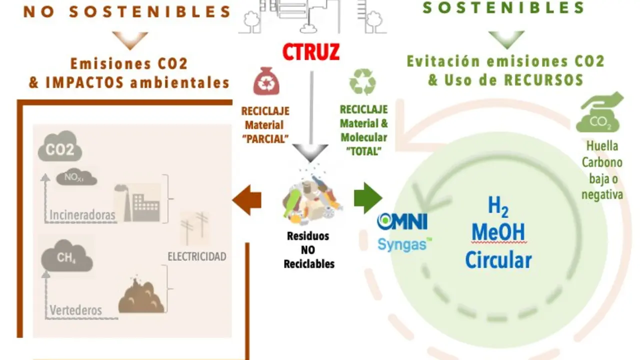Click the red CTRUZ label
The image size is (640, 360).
pyautogui.click(x=311, y=51)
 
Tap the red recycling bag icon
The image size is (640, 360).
pyautogui.click(x=266, y=81)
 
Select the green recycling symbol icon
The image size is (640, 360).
pyautogui.click(x=362, y=81)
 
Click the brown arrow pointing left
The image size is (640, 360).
pyautogui.click(x=246, y=200)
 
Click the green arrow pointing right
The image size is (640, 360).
pyautogui.click(x=368, y=198)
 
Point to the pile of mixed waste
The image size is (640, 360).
pyautogui.click(x=312, y=201)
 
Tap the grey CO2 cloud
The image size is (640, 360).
pyautogui.click(x=60, y=146)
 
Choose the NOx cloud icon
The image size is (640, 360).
pyautogui.click(x=76, y=177)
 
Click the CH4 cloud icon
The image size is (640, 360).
pyautogui.click(x=67, y=256)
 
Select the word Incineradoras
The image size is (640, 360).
pyautogui.click(x=82, y=215)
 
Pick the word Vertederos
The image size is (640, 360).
pyautogui.click(x=75, y=310)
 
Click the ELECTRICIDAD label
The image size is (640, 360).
pyautogui.click(x=197, y=256)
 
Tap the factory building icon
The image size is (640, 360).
pyautogui.click(x=137, y=203)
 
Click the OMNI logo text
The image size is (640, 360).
pyautogui.click(x=402, y=221)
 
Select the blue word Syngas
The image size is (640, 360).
pyautogui.click(x=403, y=244)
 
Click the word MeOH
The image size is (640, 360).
pyautogui.click(x=498, y=232)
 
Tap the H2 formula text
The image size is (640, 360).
pyautogui.click(x=498, y=206)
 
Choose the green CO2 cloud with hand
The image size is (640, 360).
pyautogui.click(x=599, y=112)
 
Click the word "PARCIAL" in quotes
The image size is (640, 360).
pyautogui.click(x=265, y=139)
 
